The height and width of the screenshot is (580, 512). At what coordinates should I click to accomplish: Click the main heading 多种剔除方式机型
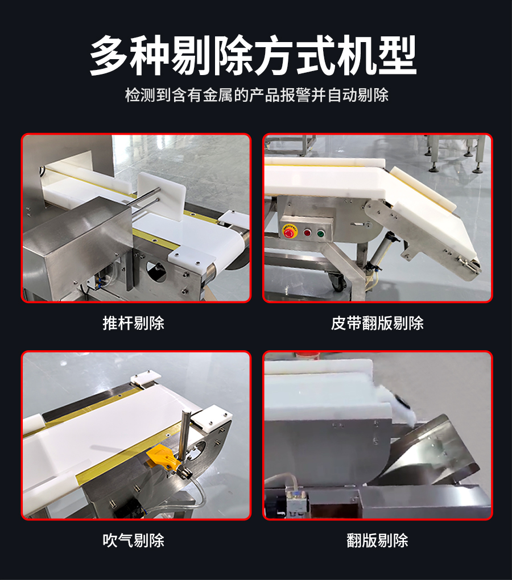[x=253, y=55]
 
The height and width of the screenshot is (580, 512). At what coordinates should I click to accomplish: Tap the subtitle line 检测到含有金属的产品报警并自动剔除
[x=257, y=95]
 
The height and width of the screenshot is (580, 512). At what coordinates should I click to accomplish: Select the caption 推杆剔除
[x=134, y=323]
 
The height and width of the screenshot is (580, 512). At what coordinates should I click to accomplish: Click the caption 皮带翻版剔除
[x=377, y=323]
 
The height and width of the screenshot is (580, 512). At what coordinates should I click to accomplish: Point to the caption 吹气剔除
[x=134, y=540]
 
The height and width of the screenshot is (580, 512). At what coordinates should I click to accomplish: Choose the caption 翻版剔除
[x=377, y=540]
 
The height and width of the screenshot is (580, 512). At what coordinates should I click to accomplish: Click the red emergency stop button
[x=288, y=231]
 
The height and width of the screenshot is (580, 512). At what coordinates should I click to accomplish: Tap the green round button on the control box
[x=320, y=233]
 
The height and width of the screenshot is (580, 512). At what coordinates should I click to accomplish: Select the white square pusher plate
[x=162, y=197]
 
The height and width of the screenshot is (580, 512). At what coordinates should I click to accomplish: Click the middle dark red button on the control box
[x=307, y=233]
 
